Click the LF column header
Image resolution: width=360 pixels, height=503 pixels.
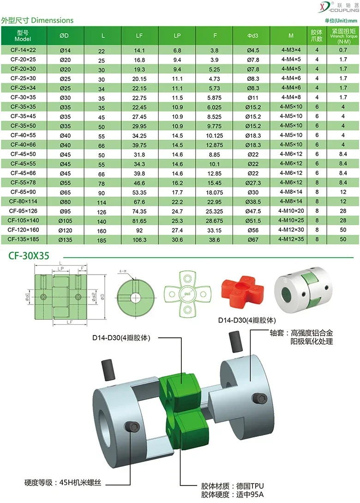point(139,36)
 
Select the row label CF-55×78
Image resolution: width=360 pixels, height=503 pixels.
point(23,183)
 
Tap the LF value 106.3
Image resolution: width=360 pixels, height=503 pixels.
point(139,240)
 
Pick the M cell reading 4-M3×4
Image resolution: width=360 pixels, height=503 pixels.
point(291,50)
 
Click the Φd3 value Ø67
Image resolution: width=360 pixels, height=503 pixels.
point(253,240)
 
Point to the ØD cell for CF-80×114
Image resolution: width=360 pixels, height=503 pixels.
point(65,202)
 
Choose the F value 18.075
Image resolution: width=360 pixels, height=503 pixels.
point(214,192)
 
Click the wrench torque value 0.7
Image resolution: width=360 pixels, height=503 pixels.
point(343,50)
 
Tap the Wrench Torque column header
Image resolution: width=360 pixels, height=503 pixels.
point(344,36)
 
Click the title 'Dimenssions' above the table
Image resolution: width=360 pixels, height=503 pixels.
point(52,20)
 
